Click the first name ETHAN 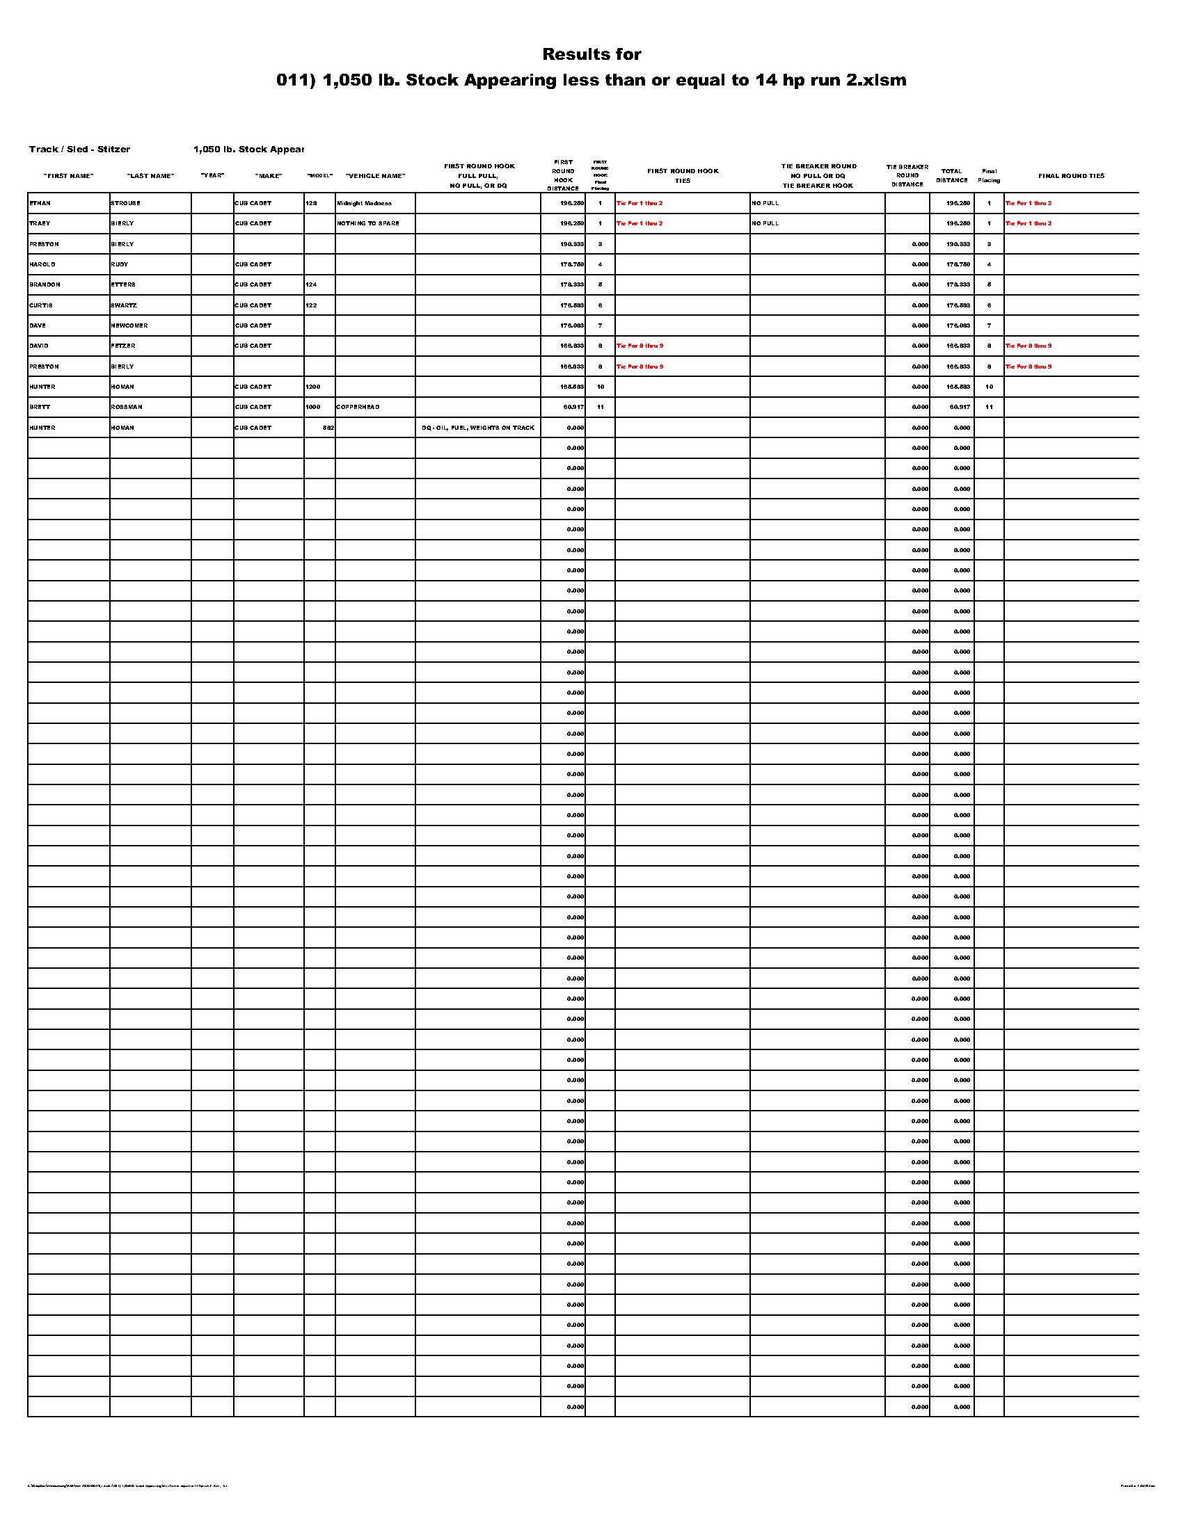[x=40, y=203]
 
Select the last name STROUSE [x=125, y=203]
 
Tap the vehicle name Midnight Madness [x=364, y=203]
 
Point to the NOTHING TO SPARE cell [x=368, y=223]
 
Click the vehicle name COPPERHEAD [x=358, y=407]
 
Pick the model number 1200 [x=312, y=387]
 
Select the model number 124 [x=311, y=284]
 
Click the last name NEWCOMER [x=129, y=325]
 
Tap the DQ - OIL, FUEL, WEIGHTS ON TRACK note [x=478, y=427]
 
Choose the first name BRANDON [x=45, y=284]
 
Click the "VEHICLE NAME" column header [x=376, y=176]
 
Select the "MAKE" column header [x=269, y=176]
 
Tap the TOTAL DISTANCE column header [x=952, y=175]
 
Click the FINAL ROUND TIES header [x=1071, y=176]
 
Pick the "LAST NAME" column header [x=151, y=176]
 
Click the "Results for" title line [x=591, y=54]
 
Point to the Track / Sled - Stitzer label [x=79, y=150]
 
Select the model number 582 [x=327, y=427]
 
